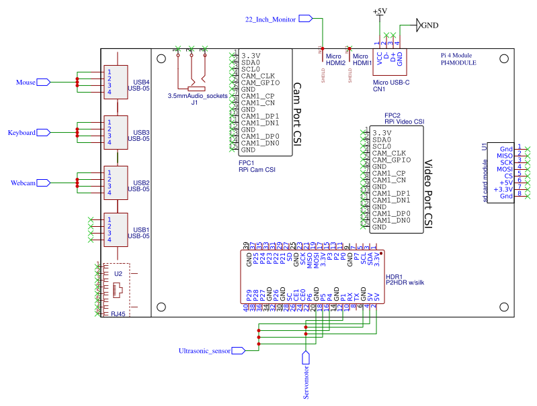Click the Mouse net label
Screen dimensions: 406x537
(26, 83)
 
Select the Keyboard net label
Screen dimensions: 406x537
(22, 133)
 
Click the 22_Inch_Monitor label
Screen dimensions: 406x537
(270, 19)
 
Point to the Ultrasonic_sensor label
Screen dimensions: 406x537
(204, 350)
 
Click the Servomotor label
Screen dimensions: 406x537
(306, 382)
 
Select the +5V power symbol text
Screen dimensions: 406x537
(379, 11)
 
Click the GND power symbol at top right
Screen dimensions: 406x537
(429, 25)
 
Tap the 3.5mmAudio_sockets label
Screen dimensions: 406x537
(197, 96)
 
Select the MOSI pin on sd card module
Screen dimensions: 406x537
(504, 169)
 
